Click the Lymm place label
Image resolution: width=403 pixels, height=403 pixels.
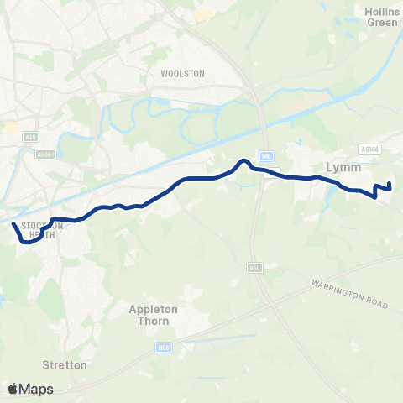tap(339, 168)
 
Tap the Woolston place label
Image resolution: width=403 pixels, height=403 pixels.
tap(182, 74)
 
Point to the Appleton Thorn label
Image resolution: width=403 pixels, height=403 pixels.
tap(154, 314)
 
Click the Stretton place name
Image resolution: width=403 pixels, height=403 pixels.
tap(65, 365)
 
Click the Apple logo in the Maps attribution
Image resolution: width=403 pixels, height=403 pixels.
tap(13, 389)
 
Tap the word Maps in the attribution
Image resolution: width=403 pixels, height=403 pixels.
tap(37, 389)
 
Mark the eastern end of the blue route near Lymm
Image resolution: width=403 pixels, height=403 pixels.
tap(390, 183)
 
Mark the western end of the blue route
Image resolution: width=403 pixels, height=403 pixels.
tap(13, 225)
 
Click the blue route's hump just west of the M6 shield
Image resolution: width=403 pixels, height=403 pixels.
tap(243, 161)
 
